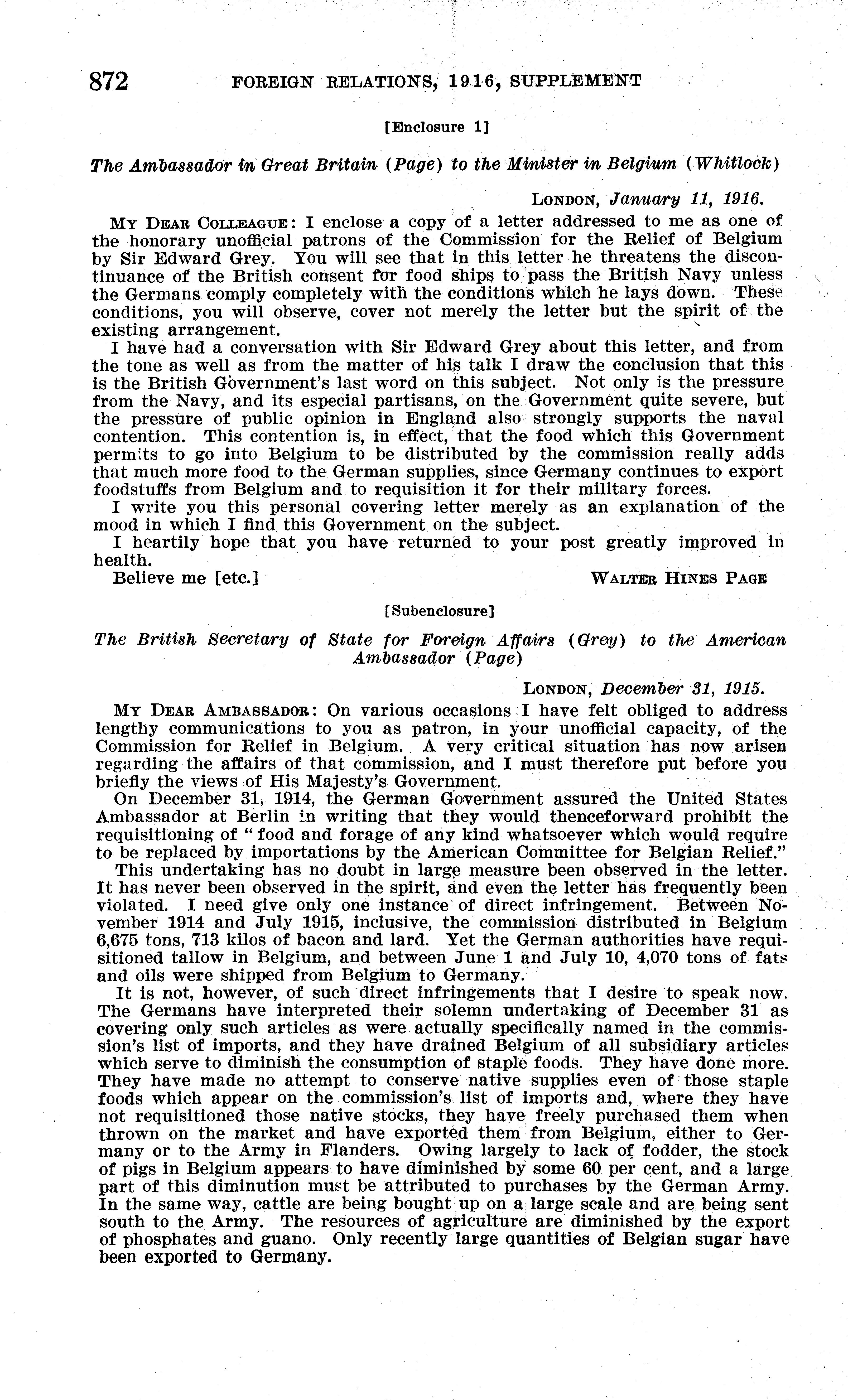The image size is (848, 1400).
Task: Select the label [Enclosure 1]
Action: point(437,127)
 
